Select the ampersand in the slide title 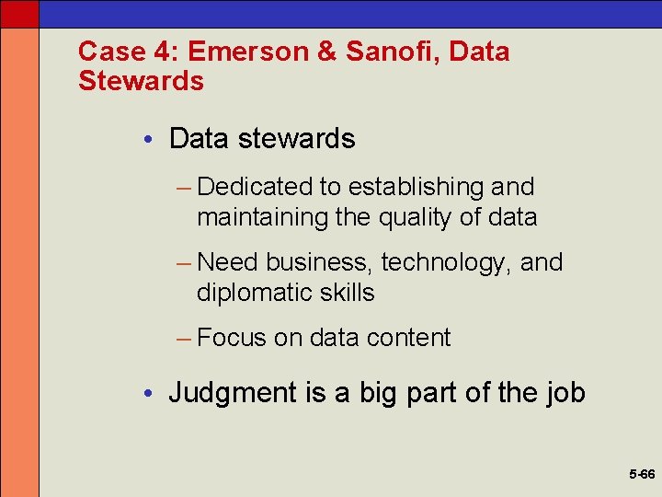tap(326, 52)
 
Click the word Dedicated tap(255, 187)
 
